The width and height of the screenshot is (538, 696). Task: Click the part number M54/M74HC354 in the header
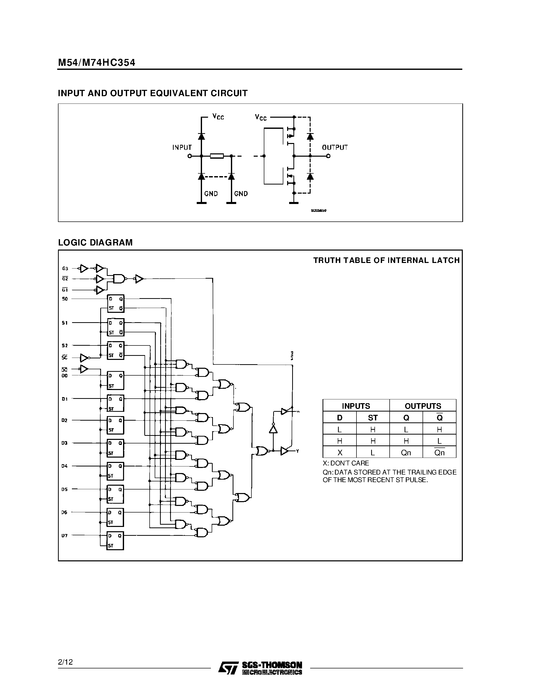click(x=96, y=63)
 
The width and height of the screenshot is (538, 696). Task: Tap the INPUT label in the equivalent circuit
click(x=182, y=148)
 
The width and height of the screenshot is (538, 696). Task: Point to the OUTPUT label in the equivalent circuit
click(x=335, y=148)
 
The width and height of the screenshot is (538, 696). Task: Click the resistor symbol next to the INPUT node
click(x=217, y=156)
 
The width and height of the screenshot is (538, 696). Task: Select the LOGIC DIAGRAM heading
click(x=95, y=242)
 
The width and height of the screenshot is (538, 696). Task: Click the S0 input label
click(x=65, y=299)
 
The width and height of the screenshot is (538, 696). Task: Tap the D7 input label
click(x=65, y=536)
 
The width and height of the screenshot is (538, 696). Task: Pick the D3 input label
click(x=65, y=443)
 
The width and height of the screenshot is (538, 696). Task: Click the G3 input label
click(x=65, y=269)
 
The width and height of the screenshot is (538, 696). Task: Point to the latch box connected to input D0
click(x=115, y=380)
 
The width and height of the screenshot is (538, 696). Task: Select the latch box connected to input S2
click(x=115, y=351)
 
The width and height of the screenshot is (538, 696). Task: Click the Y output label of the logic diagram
click(x=297, y=451)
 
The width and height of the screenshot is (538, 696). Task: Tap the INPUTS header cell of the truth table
click(x=356, y=406)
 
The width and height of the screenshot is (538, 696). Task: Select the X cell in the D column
click(x=340, y=453)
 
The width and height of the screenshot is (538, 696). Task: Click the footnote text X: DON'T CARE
click(x=346, y=463)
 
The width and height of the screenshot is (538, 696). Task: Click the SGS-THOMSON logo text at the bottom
click(x=272, y=665)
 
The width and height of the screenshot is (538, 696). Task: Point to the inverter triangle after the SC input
click(x=84, y=358)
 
